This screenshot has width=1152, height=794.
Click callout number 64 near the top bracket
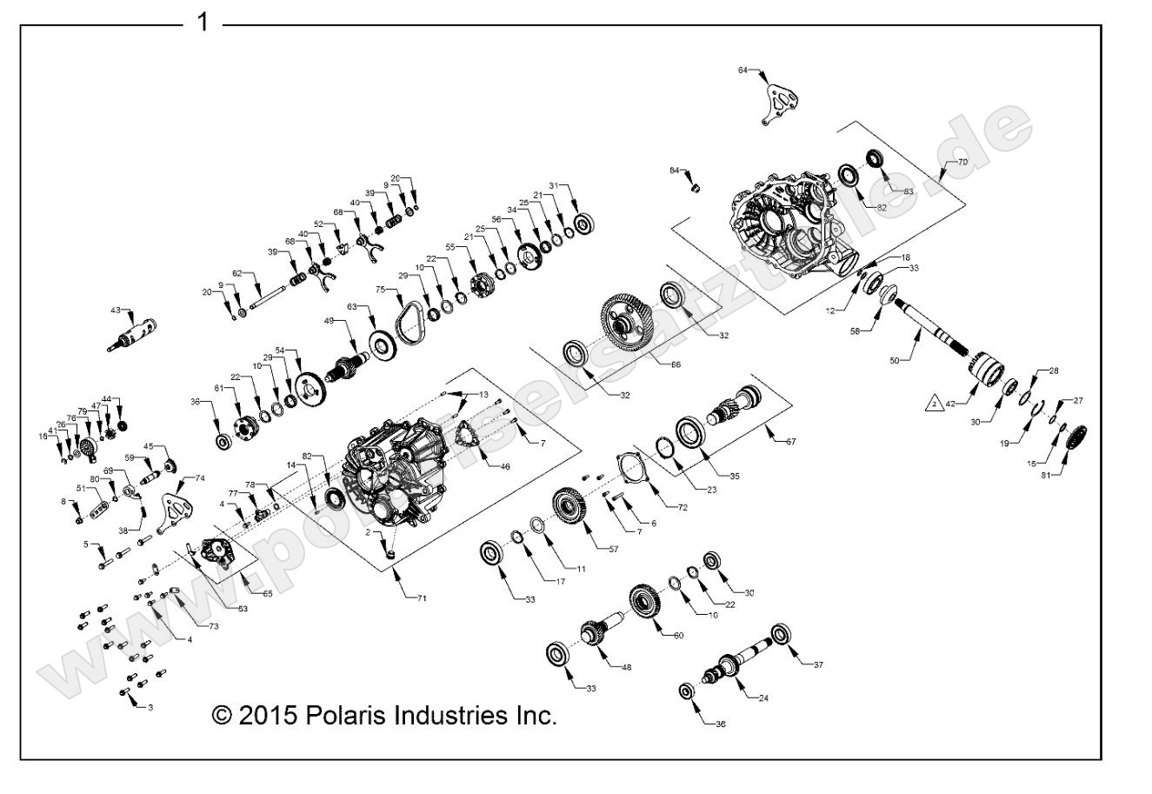click(x=742, y=70)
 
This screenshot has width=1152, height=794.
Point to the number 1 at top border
click(x=203, y=22)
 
